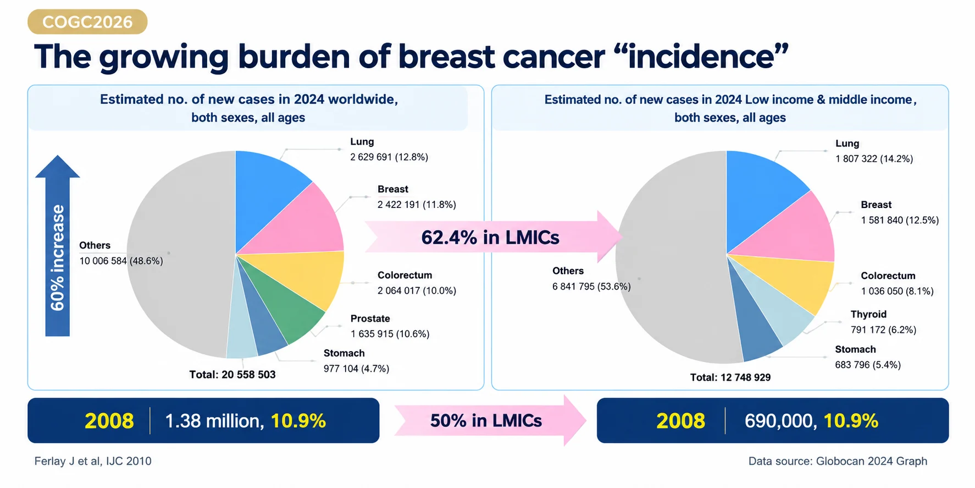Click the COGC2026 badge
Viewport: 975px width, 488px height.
point(87,21)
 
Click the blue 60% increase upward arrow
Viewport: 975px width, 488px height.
point(57,245)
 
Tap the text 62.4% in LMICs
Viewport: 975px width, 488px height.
point(490,237)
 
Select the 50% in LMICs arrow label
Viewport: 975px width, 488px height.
point(486,421)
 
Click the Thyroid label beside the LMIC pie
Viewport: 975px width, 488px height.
point(868,314)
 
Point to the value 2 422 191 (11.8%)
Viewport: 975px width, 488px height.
point(417,205)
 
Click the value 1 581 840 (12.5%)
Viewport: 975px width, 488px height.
point(900,220)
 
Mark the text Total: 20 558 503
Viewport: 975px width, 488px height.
point(232,375)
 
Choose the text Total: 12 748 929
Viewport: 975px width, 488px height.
point(730,377)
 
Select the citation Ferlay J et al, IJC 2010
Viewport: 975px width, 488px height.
point(93,461)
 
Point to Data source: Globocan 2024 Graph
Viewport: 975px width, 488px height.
point(838,461)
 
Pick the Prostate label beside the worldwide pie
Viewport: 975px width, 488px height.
point(370,319)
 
